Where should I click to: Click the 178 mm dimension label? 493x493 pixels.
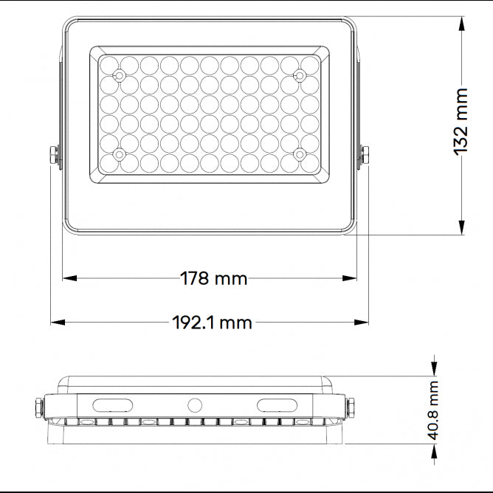tap(214, 278)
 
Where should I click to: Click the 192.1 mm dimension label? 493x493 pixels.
tap(212, 323)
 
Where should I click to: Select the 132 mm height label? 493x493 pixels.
tap(461, 121)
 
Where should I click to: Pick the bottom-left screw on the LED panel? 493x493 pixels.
tap(119, 154)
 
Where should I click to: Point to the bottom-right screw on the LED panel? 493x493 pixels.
tap(300, 154)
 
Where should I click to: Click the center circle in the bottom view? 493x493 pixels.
tap(195, 404)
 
